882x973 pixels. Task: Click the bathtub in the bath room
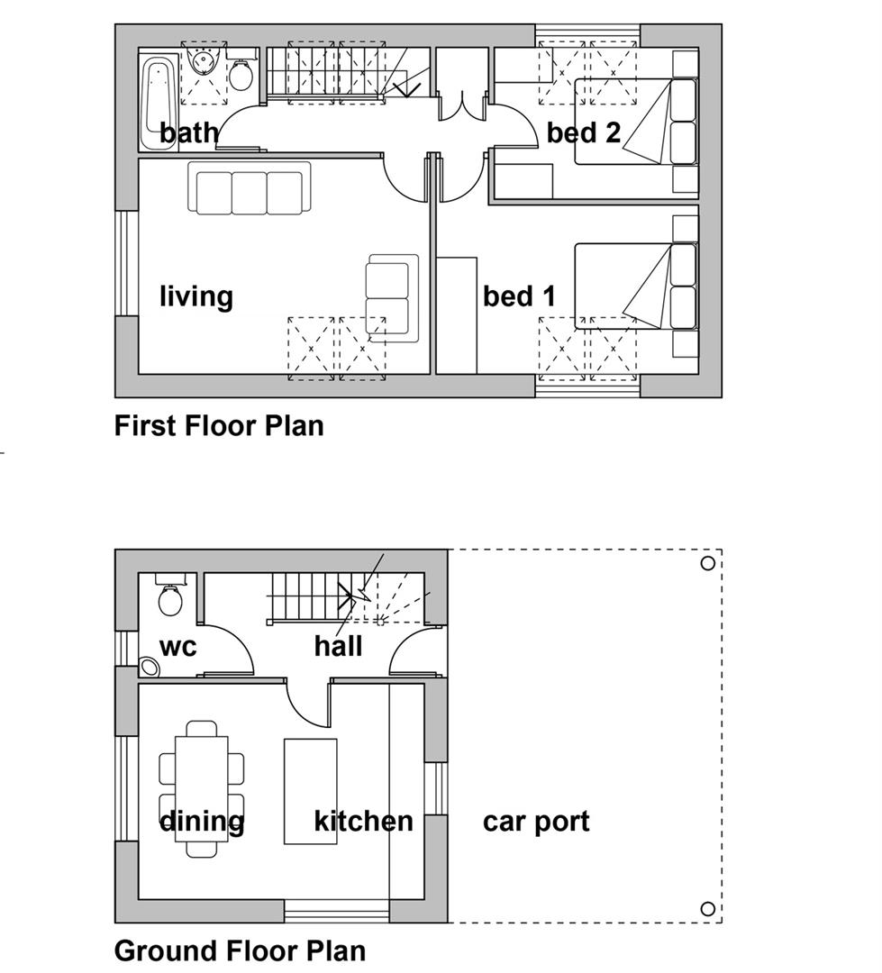(x=158, y=103)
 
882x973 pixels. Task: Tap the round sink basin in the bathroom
(x=203, y=61)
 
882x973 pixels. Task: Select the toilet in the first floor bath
(x=241, y=73)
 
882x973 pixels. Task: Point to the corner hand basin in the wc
(x=150, y=667)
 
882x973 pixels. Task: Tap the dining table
(x=202, y=788)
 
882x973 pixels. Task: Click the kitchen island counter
(x=310, y=791)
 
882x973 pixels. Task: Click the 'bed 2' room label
(x=584, y=132)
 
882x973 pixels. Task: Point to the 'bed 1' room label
(x=520, y=296)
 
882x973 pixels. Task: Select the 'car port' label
(x=536, y=822)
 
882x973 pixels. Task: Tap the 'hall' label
(x=338, y=646)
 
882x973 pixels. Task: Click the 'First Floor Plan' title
(x=219, y=426)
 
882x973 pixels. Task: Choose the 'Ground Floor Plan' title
(x=241, y=950)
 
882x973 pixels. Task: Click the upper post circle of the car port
(x=707, y=563)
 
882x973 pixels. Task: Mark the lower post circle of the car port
(x=707, y=909)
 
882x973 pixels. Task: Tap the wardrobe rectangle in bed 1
(x=457, y=315)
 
